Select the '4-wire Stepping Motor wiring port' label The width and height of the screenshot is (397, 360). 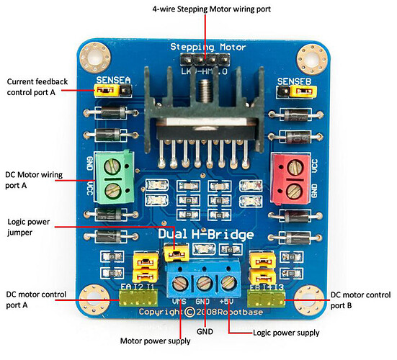click(x=205, y=8)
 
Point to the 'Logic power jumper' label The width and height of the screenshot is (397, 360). click(x=29, y=228)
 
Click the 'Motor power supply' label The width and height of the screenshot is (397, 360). click(x=156, y=341)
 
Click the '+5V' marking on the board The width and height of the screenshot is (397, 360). click(x=228, y=300)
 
